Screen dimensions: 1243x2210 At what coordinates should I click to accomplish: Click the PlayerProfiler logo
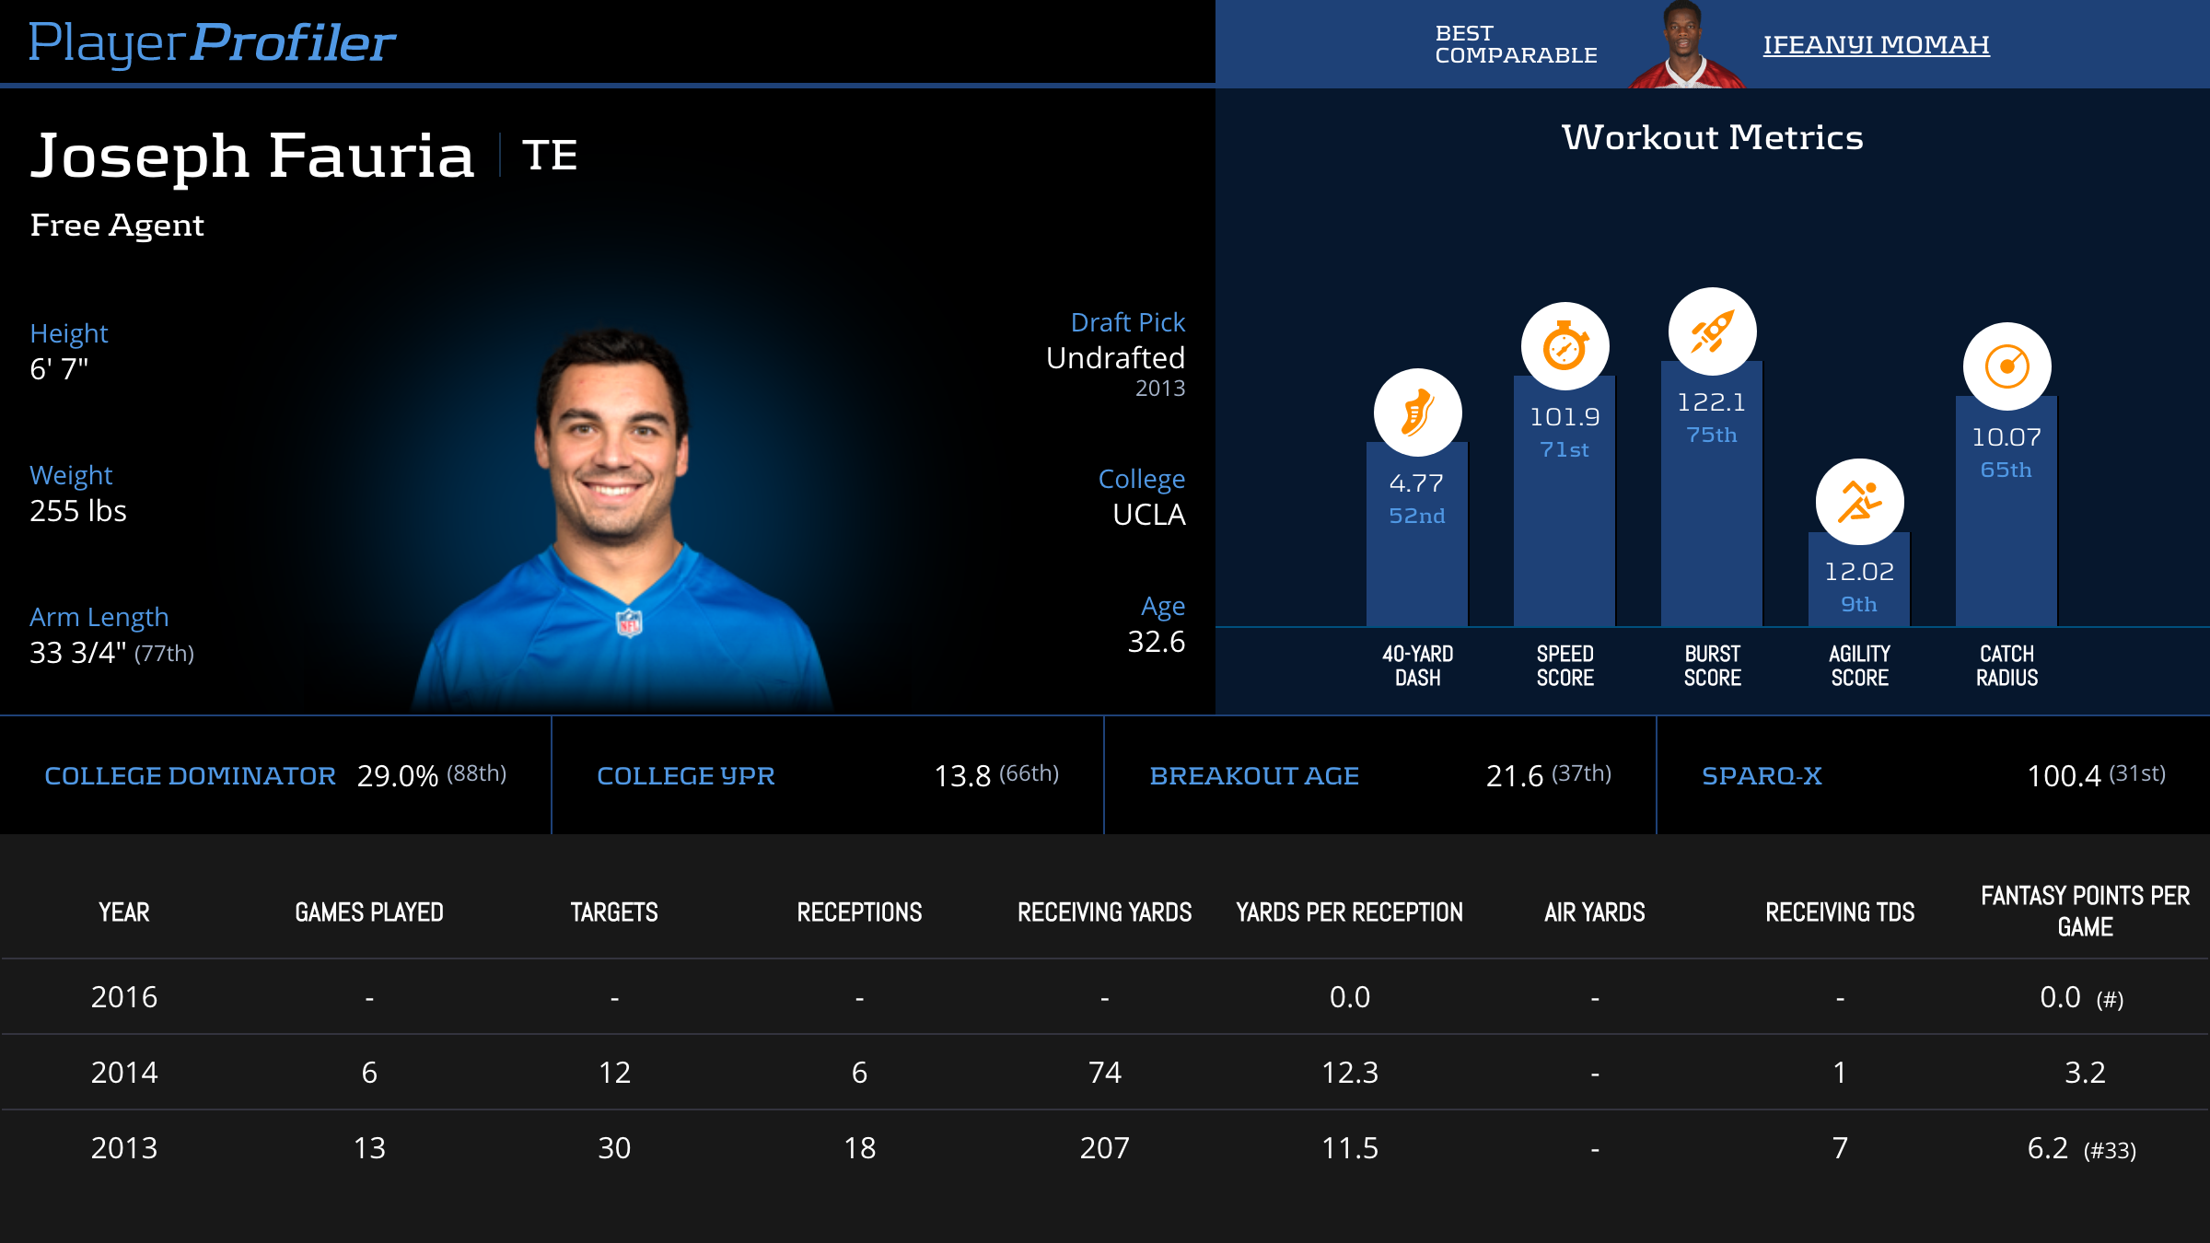pyautogui.click(x=212, y=42)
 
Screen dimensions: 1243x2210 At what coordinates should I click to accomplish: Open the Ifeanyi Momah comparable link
pyautogui.click(x=1876, y=44)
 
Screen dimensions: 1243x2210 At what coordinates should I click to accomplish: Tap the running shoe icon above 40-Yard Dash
pyautogui.click(x=1417, y=412)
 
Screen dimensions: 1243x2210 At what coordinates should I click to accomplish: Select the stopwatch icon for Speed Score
pyautogui.click(x=1564, y=346)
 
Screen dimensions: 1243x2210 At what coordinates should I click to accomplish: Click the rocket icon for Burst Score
pyautogui.click(x=1712, y=331)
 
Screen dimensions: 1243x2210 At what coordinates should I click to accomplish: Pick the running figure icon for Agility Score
pyautogui.click(x=1859, y=502)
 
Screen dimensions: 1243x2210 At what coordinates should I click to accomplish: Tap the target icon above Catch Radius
pyautogui.click(x=2006, y=366)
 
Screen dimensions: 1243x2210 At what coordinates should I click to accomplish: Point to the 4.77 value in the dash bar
pyautogui.click(x=1416, y=482)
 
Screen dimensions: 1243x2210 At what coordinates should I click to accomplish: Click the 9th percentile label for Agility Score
pyautogui.click(x=1859, y=604)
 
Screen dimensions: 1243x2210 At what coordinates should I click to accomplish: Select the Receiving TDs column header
pyautogui.click(x=1840, y=912)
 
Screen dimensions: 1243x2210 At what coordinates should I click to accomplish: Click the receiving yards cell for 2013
pyautogui.click(x=1104, y=1148)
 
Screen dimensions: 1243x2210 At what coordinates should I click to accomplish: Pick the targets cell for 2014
pyautogui.click(x=614, y=1073)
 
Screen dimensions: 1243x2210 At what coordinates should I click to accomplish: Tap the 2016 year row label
pyautogui.click(x=124, y=997)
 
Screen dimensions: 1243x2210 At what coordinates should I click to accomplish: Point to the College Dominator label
pyautogui.click(x=190, y=776)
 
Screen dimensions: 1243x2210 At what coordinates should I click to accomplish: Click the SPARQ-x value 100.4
pyautogui.click(x=2064, y=776)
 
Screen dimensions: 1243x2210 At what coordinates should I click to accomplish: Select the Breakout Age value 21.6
pyautogui.click(x=1514, y=776)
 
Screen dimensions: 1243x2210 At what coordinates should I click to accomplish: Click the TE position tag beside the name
pyautogui.click(x=550, y=155)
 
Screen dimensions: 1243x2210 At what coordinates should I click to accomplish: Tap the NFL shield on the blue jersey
pyautogui.click(x=629, y=623)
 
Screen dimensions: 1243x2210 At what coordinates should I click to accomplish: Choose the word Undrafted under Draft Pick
pyautogui.click(x=1115, y=357)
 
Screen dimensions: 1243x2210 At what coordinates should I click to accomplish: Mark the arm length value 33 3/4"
pyautogui.click(x=78, y=653)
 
